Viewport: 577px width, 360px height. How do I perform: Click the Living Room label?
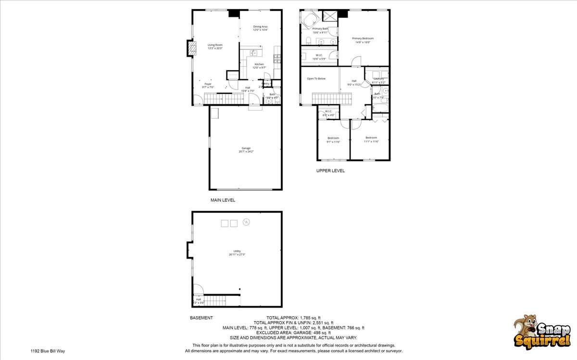[214, 45]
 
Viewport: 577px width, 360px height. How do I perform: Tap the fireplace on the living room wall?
[191, 49]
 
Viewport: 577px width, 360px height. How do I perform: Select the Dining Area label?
[260, 26]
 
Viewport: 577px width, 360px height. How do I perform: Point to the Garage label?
[246, 148]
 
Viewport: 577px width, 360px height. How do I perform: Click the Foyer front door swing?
[198, 100]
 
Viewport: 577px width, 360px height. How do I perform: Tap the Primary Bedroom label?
[363, 38]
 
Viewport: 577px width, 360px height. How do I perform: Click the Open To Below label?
[316, 78]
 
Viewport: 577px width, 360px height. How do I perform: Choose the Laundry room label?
[378, 78]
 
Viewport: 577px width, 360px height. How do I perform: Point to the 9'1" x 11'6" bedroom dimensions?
[333, 142]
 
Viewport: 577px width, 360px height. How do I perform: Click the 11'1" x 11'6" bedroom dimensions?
[371, 141]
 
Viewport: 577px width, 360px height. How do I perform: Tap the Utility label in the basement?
[237, 251]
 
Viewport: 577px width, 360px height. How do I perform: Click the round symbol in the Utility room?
[247, 222]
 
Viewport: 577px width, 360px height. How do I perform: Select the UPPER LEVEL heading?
[330, 171]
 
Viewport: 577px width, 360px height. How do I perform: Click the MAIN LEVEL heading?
[223, 200]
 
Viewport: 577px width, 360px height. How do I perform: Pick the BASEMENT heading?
[201, 318]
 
